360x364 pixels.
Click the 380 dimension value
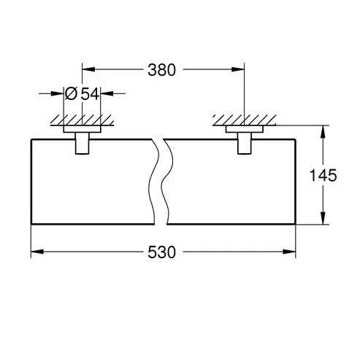161,70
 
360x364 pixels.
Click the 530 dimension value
161,252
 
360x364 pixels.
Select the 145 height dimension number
323,175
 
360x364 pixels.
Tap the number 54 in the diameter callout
90,93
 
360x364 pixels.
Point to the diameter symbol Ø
71,93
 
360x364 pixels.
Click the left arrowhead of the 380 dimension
88,69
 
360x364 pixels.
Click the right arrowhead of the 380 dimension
238,69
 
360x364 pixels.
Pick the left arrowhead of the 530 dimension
37,252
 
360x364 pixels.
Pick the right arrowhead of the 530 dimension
289,252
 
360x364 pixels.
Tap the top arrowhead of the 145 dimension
323,132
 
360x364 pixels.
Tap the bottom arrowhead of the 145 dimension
323,218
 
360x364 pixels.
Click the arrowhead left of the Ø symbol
57,93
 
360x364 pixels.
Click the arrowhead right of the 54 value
107,93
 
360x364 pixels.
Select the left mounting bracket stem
83,143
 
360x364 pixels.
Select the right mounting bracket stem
245,143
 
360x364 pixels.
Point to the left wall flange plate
83,129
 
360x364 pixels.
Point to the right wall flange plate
245,129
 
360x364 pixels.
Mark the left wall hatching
83,120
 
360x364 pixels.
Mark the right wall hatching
245,120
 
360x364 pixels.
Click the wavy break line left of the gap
153,182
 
